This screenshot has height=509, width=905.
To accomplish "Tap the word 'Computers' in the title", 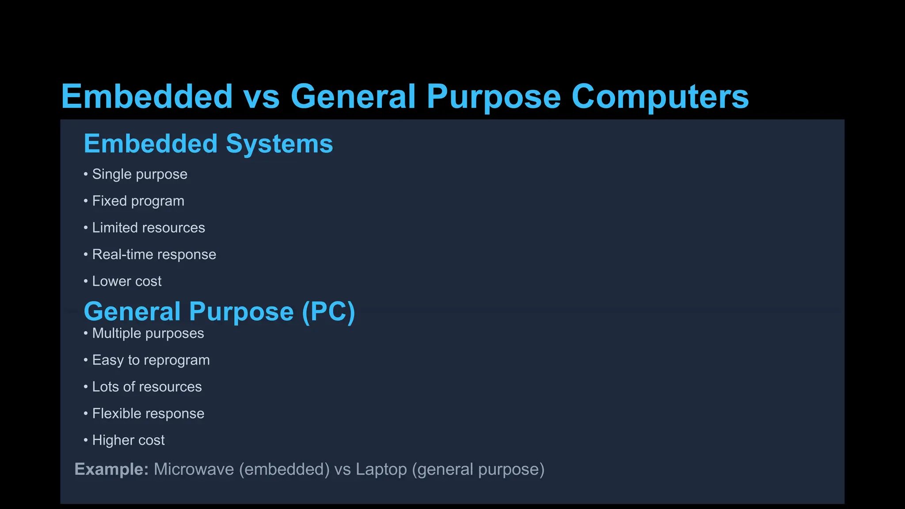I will coord(660,97).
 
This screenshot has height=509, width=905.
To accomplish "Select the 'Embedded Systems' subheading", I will coord(208,144).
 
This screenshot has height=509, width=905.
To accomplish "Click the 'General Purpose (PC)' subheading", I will coord(219,311).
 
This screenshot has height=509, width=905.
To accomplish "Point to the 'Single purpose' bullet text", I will coord(140,175).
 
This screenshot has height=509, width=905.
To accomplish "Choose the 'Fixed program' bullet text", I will coord(138,201).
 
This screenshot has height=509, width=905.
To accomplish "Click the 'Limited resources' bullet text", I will coord(148,228).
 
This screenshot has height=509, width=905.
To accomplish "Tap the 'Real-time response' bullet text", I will coord(154,254).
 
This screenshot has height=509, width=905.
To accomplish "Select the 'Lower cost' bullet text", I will coord(127,281).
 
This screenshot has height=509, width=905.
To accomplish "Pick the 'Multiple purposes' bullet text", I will coord(148,334).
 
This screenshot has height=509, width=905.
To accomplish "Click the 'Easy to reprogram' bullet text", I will coord(151,360).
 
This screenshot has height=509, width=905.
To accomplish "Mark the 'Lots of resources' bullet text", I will coord(147,387).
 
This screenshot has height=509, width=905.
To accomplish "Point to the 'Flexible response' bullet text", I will coord(148,414).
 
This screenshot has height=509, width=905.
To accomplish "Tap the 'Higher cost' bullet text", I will coord(128,441).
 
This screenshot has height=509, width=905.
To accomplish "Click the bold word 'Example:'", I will coord(111,469).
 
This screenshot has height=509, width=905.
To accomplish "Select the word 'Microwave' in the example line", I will coord(194,469).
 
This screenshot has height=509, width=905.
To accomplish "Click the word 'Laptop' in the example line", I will coord(381,469).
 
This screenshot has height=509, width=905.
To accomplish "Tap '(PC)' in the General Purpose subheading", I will coord(328,311).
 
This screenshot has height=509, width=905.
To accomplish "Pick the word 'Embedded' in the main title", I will coord(147,97).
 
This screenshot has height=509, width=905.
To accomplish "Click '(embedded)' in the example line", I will coord(284,469).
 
